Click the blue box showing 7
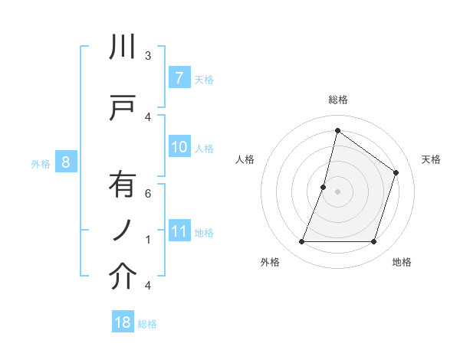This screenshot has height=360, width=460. point(179,77)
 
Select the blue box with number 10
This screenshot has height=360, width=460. point(179,147)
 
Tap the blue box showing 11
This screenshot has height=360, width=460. point(179,231)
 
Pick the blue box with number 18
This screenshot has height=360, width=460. point(123,322)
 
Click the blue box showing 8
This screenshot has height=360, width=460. point(66,162)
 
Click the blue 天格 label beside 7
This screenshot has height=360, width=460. point(204,79)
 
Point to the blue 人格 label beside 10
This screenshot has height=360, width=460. point(204,148)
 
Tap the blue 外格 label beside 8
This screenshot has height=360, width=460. point(40,163)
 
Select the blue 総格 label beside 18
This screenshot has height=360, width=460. point(147,324)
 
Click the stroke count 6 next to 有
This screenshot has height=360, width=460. point(148,194)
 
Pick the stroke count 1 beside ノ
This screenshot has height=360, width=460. point(148,240)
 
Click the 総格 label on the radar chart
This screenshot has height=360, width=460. point(338,100)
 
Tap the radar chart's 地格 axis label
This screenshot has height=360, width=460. point(402,263)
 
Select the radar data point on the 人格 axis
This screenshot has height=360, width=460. point(324,187)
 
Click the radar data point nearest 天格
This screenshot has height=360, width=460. point(396,172)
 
